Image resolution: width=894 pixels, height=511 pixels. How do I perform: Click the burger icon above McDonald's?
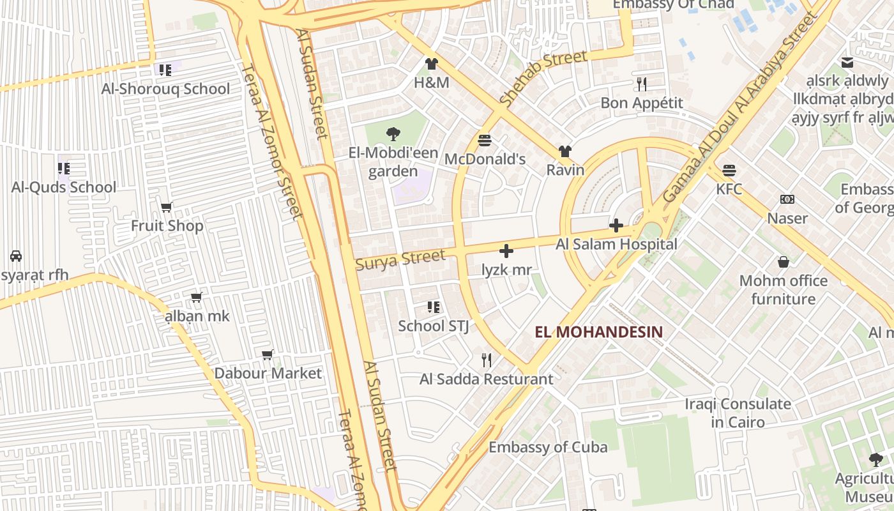485,140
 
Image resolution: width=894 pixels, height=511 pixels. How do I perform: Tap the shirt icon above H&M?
432,64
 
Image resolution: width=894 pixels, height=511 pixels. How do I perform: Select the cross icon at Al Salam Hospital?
616,225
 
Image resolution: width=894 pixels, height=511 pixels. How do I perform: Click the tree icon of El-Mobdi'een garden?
393,134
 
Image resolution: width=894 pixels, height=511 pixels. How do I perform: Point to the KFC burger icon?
729,171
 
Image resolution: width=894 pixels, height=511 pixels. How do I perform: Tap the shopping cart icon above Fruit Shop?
167,207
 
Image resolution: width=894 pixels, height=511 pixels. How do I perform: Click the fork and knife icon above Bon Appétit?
642,84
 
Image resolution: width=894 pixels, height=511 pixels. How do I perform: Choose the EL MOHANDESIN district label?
598,332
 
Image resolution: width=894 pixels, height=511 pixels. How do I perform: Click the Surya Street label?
400,259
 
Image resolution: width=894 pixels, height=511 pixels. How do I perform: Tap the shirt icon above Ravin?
565,151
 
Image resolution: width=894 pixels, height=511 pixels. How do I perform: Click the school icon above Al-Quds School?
64,169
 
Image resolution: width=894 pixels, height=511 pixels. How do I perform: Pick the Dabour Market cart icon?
268,355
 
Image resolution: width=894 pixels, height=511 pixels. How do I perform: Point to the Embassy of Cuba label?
548,447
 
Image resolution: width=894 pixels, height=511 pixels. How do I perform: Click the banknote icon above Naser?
787,199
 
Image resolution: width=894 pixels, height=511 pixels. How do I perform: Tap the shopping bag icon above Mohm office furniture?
784,262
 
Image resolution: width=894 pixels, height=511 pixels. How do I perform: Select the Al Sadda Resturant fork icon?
487,360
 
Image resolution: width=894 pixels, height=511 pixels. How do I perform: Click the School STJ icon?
434,307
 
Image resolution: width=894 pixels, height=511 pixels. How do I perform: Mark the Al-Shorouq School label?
165,89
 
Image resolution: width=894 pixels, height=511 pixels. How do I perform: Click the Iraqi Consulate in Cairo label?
738,413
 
